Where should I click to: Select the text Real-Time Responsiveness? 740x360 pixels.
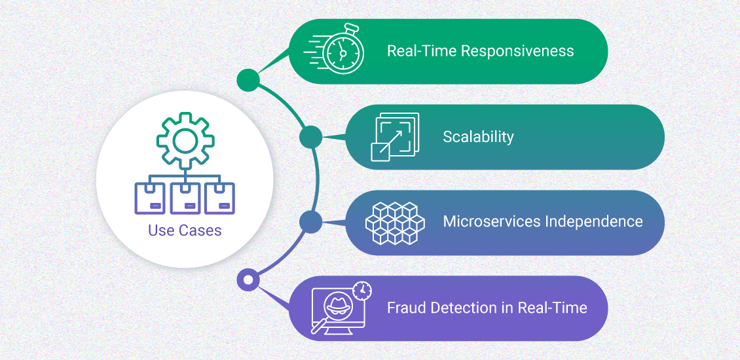point(480,51)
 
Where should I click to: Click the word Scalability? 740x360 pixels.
point(478,137)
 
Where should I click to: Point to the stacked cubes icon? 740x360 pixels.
point(394,223)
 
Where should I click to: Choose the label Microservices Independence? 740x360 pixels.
point(543,221)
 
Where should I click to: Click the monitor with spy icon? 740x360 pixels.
point(337,310)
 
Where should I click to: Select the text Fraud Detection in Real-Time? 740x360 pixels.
point(487,308)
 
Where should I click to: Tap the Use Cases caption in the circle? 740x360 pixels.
point(185,230)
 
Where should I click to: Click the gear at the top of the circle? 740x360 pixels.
point(185,139)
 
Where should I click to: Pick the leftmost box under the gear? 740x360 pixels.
point(150,198)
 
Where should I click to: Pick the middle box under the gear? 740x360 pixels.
point(185,198)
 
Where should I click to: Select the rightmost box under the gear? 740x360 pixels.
point(220,198)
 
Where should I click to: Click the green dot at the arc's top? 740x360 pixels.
point(248,80)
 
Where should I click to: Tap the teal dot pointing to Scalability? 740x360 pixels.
point(310,137)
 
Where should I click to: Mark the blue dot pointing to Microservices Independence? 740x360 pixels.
point(310,222)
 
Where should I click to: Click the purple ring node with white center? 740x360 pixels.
point(248,280)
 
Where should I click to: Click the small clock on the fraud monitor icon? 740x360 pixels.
point(361,289)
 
